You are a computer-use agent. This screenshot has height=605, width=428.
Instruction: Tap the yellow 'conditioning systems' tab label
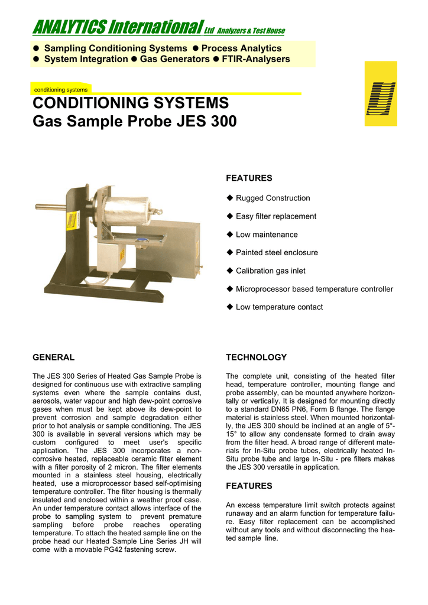(61, 90)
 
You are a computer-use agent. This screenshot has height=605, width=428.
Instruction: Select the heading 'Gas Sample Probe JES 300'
(134, 122)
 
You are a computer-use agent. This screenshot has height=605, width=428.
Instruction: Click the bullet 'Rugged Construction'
(273, 198)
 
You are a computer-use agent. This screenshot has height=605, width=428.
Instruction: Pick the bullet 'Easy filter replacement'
(276, 216)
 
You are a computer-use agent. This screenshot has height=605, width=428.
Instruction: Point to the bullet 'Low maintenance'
(267, 235)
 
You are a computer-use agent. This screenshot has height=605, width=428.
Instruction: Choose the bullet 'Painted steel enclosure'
(277, 252)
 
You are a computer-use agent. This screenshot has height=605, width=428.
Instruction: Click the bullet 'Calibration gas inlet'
(271, 271)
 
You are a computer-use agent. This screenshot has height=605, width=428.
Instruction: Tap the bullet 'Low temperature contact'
(279, 307)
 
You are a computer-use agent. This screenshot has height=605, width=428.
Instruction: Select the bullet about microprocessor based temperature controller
(314, 289)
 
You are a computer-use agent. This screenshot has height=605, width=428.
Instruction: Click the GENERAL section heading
(53, 357)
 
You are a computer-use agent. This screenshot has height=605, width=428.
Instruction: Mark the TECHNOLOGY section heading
(256, 357)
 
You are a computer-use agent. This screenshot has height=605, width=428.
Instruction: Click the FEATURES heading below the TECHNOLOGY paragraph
(249, 486)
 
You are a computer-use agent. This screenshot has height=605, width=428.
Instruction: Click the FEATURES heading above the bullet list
(249, 178)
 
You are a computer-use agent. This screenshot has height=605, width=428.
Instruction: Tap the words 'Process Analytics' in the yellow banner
(241, 48)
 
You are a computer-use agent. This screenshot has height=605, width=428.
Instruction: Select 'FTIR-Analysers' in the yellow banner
(255, 59)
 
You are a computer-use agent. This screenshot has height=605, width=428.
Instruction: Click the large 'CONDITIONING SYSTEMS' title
(130, 103)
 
